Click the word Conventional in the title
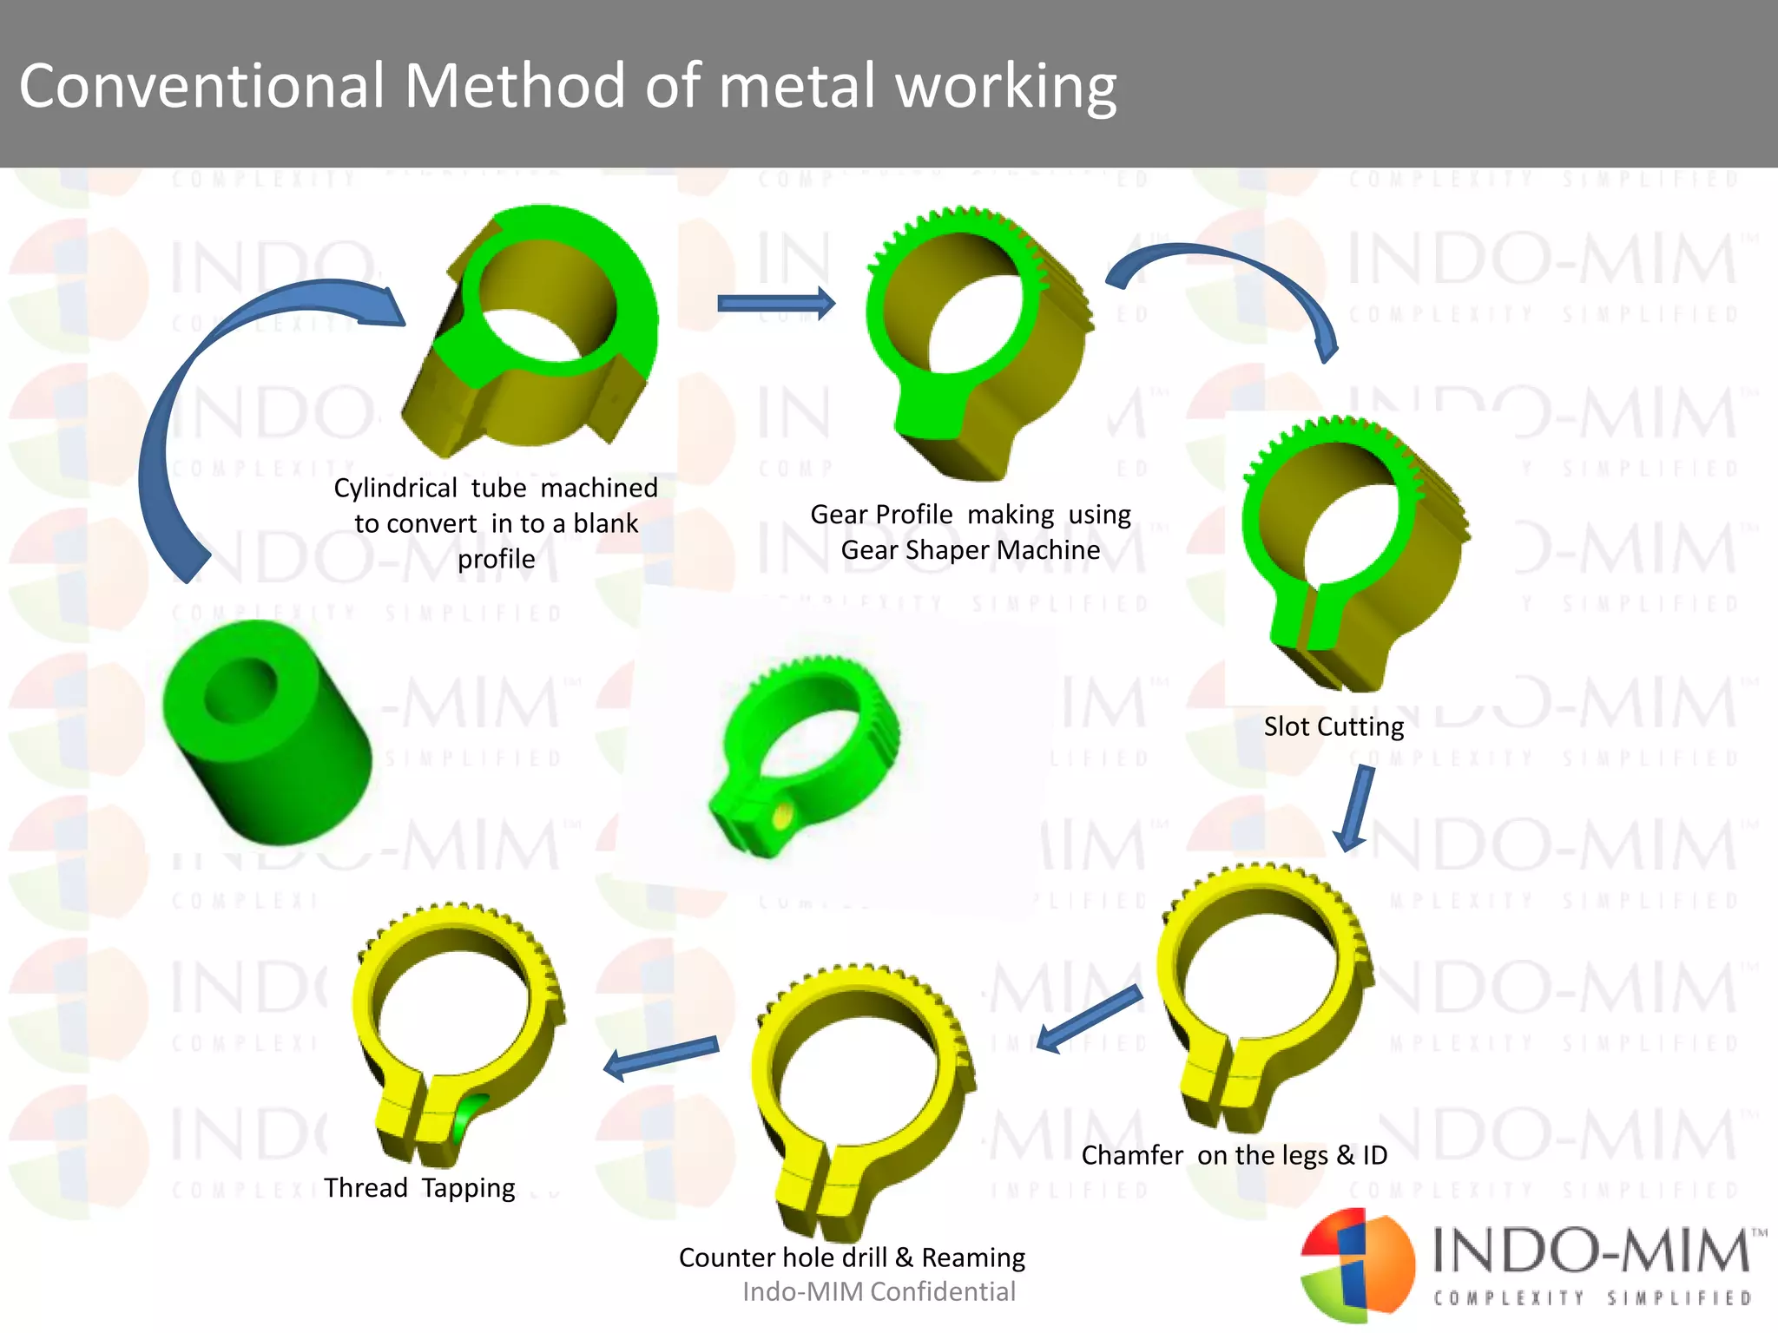pyautogui.click(x=201, y=87)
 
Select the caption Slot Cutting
pyautogui.click(x=1333, y=726)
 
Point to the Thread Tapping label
pyautogui.click(x=419, y=1187)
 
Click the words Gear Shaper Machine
pyautogui.click(x=970, y=550)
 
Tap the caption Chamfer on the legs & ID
pyautogui.click(x=1234, y=1155)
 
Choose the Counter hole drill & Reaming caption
pyautogui.click(x=852, y=1257)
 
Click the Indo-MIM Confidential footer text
pyautogui.click(x=879, y=1292)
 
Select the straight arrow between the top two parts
pyautogui.click(x=775, y=303)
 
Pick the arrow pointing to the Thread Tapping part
pyautogui.click(x=660, y=1056)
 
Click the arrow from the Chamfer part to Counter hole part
pyautogui.click(x=1089, y=1019)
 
